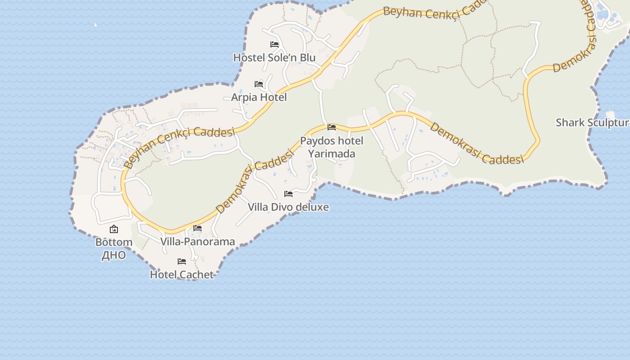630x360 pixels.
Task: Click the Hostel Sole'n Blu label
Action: [274, 58]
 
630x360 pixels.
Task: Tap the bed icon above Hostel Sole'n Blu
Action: [274, 45]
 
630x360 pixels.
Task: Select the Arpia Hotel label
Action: [259, 97]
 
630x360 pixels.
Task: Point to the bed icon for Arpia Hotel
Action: [259, 84]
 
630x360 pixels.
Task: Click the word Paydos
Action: [318, 141]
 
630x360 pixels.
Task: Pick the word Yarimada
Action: [332, 154]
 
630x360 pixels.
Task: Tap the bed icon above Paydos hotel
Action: [332, 127]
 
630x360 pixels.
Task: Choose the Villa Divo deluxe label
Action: [288, 207]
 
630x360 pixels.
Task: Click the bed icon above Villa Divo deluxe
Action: [288, 194]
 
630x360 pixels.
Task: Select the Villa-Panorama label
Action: [198, 242]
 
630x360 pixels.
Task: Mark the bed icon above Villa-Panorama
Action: [198, 228]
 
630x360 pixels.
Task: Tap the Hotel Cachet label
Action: [182, 274]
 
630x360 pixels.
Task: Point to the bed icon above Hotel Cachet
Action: [182, 261]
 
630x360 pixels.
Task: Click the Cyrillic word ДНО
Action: [114, 255]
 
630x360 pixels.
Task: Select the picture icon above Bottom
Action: [114, 229]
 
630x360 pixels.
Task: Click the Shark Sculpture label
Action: [592, 122]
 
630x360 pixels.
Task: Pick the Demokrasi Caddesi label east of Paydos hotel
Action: [477, 143]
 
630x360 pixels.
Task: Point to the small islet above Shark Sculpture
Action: [611, 115]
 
